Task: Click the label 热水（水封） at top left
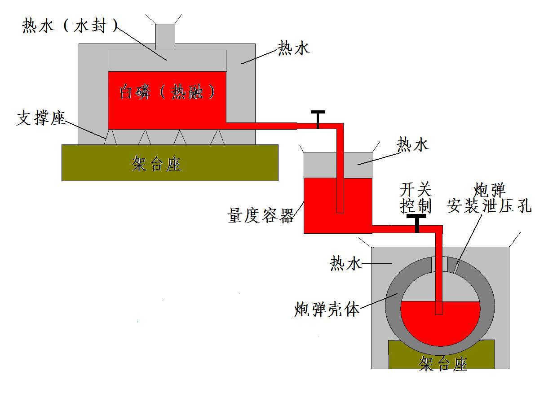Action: [x=70, y=26]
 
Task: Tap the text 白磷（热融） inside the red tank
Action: [x=167, y=92]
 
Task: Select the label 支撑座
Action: [x=41, y=118]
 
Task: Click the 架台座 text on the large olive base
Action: [x=156, y=164]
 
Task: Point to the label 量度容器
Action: [x=261, y=215]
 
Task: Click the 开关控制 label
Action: [x=416, y=198]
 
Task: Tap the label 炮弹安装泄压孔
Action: [x=489, y=198]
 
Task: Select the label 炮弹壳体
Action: [x=327, y=309]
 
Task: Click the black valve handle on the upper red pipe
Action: [x=318, y=118]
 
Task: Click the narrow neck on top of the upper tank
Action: [x=165, y=36]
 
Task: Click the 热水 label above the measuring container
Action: [x=413, y=144]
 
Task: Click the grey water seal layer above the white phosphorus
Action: [x=135, y=61]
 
